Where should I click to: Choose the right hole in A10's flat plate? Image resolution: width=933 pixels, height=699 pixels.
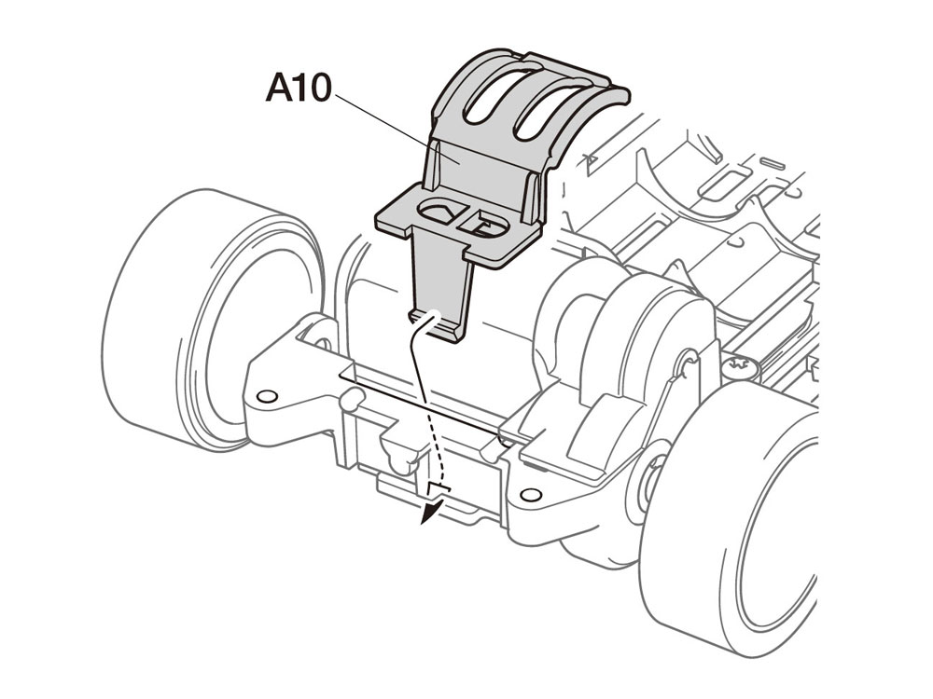click(484, 224)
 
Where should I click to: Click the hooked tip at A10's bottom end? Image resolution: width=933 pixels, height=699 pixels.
click(438, 325)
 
